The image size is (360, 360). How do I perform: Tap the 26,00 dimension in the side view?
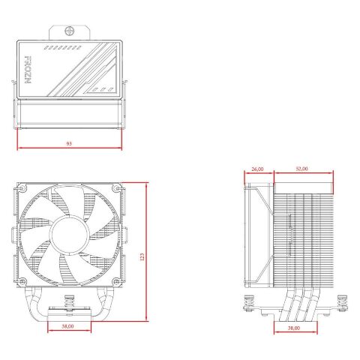(257, 169)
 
